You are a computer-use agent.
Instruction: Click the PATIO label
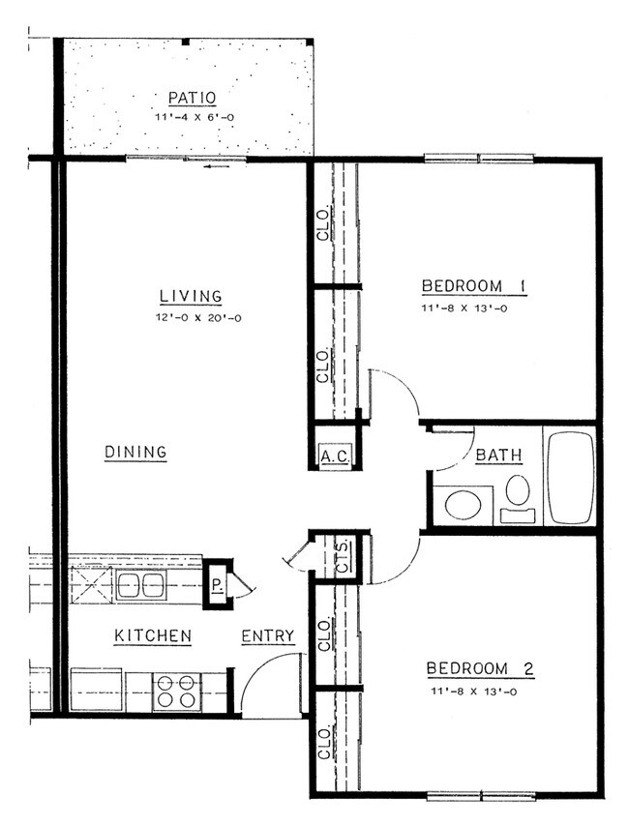[191, 98]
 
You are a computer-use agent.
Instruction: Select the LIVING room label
[191, 297]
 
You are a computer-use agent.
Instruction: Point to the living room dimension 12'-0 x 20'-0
[191, 317]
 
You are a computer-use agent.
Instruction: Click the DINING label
[135, 452]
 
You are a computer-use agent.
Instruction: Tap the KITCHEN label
[153, 635]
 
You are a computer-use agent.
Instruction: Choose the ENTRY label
[267, 635]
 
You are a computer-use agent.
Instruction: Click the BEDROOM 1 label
[473, 286]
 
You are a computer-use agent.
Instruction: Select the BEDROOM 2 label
[480, 669]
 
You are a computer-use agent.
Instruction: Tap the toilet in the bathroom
[518, 491]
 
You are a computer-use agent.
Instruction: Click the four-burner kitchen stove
[175, 691]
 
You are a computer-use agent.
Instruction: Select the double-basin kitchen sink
[140, 584]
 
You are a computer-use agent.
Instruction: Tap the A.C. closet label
[334, 456]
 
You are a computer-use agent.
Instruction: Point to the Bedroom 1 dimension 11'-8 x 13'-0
[473, 309]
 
